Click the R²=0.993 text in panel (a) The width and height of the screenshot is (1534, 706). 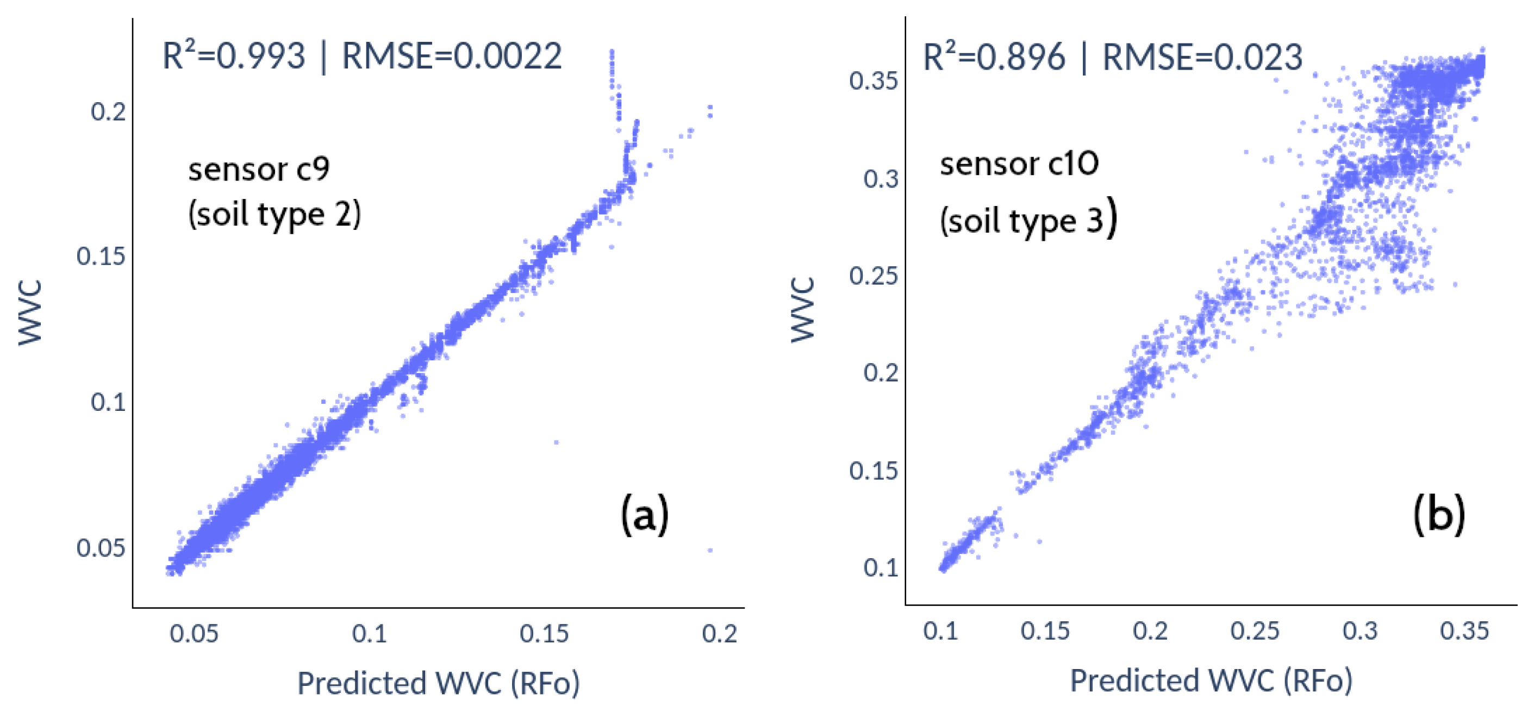click(x=234, y=57)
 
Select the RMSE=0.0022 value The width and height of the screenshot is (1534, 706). click(x=451, y=57)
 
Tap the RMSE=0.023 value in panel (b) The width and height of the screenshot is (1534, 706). click(x=1202, y=58)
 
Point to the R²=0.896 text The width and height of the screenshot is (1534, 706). click(x=993, y=58)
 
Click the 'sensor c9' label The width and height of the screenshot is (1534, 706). click(x=258, y=170)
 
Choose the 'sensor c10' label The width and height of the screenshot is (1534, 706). click(x=1019, y=164)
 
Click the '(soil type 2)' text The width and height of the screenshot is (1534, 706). click(x=275, y=214)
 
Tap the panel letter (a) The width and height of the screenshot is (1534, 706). click(x=644, y=514)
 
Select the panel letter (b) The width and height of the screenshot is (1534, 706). click(x=1439, y=514)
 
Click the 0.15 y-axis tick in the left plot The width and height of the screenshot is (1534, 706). click(x=101, y=257)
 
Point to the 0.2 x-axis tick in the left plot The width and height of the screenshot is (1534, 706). click(x=719, y=633)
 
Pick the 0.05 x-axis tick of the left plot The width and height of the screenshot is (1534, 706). click(x=194, y=633)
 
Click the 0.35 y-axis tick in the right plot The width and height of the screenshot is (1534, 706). click(x=873, y=81)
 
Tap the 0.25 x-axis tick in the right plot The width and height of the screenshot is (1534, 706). click(x=1255, y=631)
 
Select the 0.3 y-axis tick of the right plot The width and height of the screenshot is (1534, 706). click(x=880, y=179)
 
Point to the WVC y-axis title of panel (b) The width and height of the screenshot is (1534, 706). click(x=802, y=310)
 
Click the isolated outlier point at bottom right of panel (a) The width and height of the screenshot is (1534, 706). click(x=710, y=550)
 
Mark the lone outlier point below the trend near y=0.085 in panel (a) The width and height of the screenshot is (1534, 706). click(x=556, y=442)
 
